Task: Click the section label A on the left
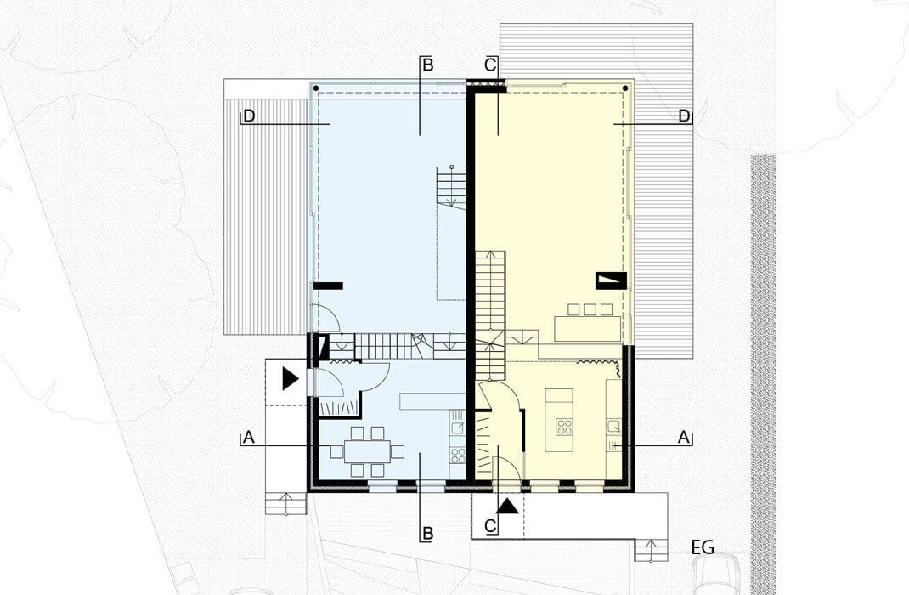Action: [249, 437]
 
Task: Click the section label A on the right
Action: [684, 437]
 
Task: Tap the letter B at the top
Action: [428, 65]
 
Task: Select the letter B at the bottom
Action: [428, 533]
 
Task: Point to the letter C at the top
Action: [490, 65]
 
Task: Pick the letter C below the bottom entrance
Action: [490, 526]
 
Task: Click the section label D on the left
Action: [249, 116]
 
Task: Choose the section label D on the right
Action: [685, 116]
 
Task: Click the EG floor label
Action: [703, 547]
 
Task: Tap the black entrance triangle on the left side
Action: [290, 378]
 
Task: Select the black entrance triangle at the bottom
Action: [508, 507]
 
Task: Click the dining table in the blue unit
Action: [368, 451]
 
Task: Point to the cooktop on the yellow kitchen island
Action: [564, 427]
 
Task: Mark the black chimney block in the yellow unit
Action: [611, 280]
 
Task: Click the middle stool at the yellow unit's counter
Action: [590, 309]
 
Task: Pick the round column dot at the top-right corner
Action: [625, 88]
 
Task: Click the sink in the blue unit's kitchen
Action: [458, 428]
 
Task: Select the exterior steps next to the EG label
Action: [651, 550]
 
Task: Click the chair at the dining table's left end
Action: [336, 451]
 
